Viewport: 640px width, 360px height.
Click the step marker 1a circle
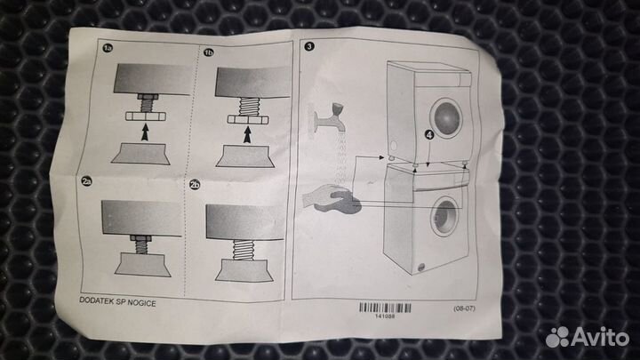point(108,49)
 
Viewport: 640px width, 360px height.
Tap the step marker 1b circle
point(209,52)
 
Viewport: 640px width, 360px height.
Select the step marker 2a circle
point(86,181)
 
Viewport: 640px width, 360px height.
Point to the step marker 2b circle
point(195,185)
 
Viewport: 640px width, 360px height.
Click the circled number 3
point(309,46)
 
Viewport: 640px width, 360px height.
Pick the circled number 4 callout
point(429,134)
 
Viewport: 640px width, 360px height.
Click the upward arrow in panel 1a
point(145,132)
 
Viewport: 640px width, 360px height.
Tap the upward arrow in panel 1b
point(246,135)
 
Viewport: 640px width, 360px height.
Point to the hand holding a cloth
point(332,198)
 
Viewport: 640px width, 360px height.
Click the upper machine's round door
point(446,117)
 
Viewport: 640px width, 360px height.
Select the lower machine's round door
point(445,216)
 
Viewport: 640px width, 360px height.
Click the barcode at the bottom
point(385,308)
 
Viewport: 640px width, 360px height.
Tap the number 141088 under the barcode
point(385,316)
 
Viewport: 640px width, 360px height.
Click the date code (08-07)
point(464,308)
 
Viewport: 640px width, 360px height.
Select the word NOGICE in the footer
point(141,303)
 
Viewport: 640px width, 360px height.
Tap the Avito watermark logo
point(587,337)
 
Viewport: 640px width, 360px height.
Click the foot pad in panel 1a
point(140,154)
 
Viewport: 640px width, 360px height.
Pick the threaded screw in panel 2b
point(243,249)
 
